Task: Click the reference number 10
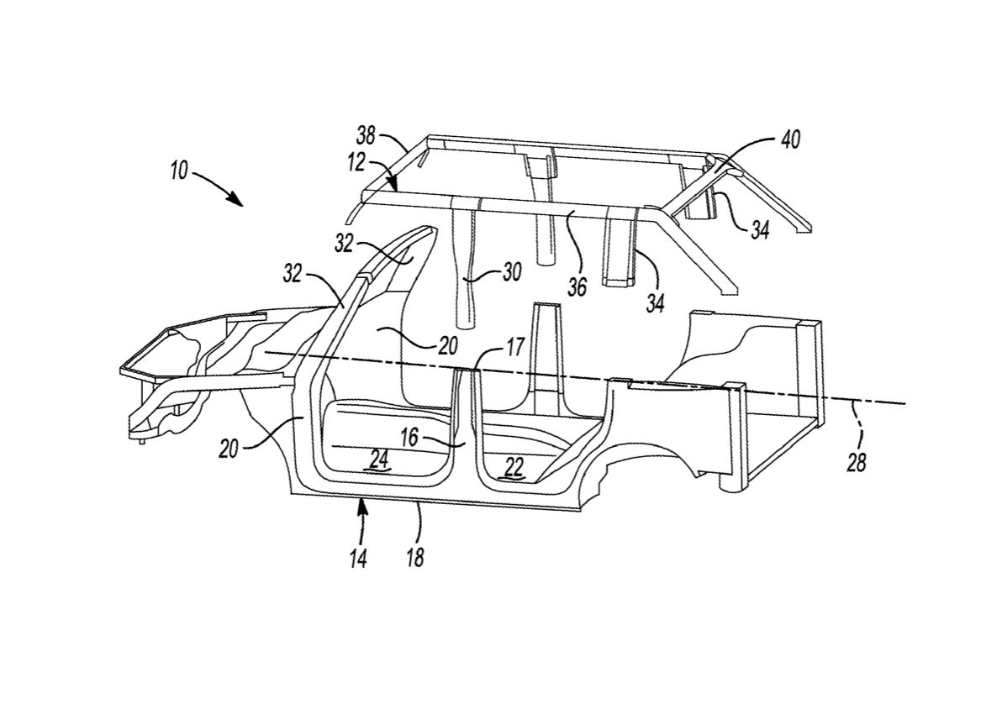(179, 171)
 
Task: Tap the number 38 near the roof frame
(366, 135)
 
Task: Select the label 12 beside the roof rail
(356, 162)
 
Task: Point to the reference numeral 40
(790, 139)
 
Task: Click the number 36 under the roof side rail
(577, 286)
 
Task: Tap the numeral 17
(514, 346)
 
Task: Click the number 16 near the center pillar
(409, 437)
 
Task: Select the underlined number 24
(379, 460)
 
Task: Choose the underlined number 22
(514, 467)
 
